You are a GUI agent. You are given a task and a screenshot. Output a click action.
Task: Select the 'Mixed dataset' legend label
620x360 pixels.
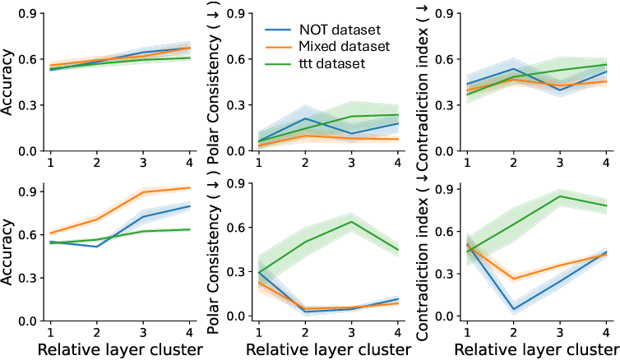[x=343, y=45]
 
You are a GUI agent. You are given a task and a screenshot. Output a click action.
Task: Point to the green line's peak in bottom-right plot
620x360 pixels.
[x=561, y=196]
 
